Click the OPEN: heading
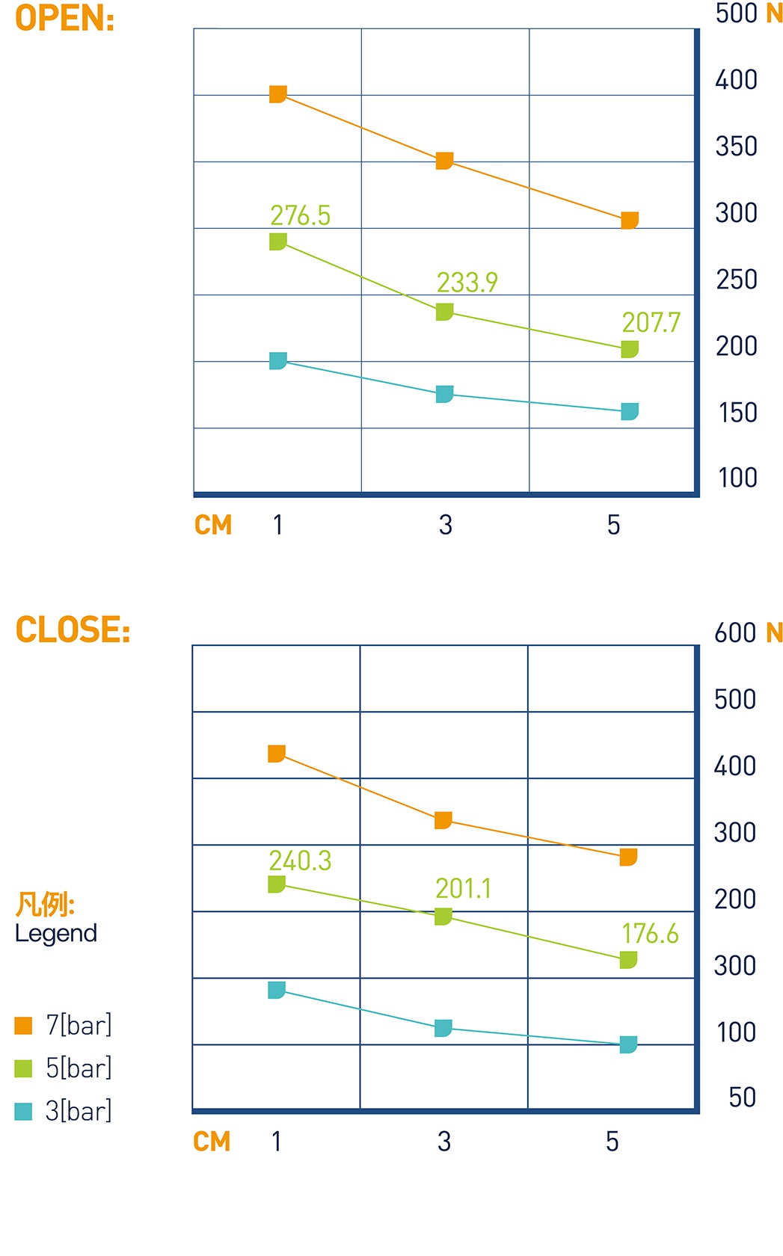64,19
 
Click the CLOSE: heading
73,629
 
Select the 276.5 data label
300,215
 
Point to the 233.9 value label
467,282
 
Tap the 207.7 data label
651,322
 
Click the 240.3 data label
300,861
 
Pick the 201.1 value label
463,888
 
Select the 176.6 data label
650,933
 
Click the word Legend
56,933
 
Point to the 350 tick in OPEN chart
736,147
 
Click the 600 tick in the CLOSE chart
734,633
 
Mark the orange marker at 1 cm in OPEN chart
277,94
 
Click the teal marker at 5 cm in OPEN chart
630,411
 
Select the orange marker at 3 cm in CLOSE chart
443,820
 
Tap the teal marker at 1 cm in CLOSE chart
276,990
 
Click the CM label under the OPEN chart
213,525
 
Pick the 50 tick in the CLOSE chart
742,1098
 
